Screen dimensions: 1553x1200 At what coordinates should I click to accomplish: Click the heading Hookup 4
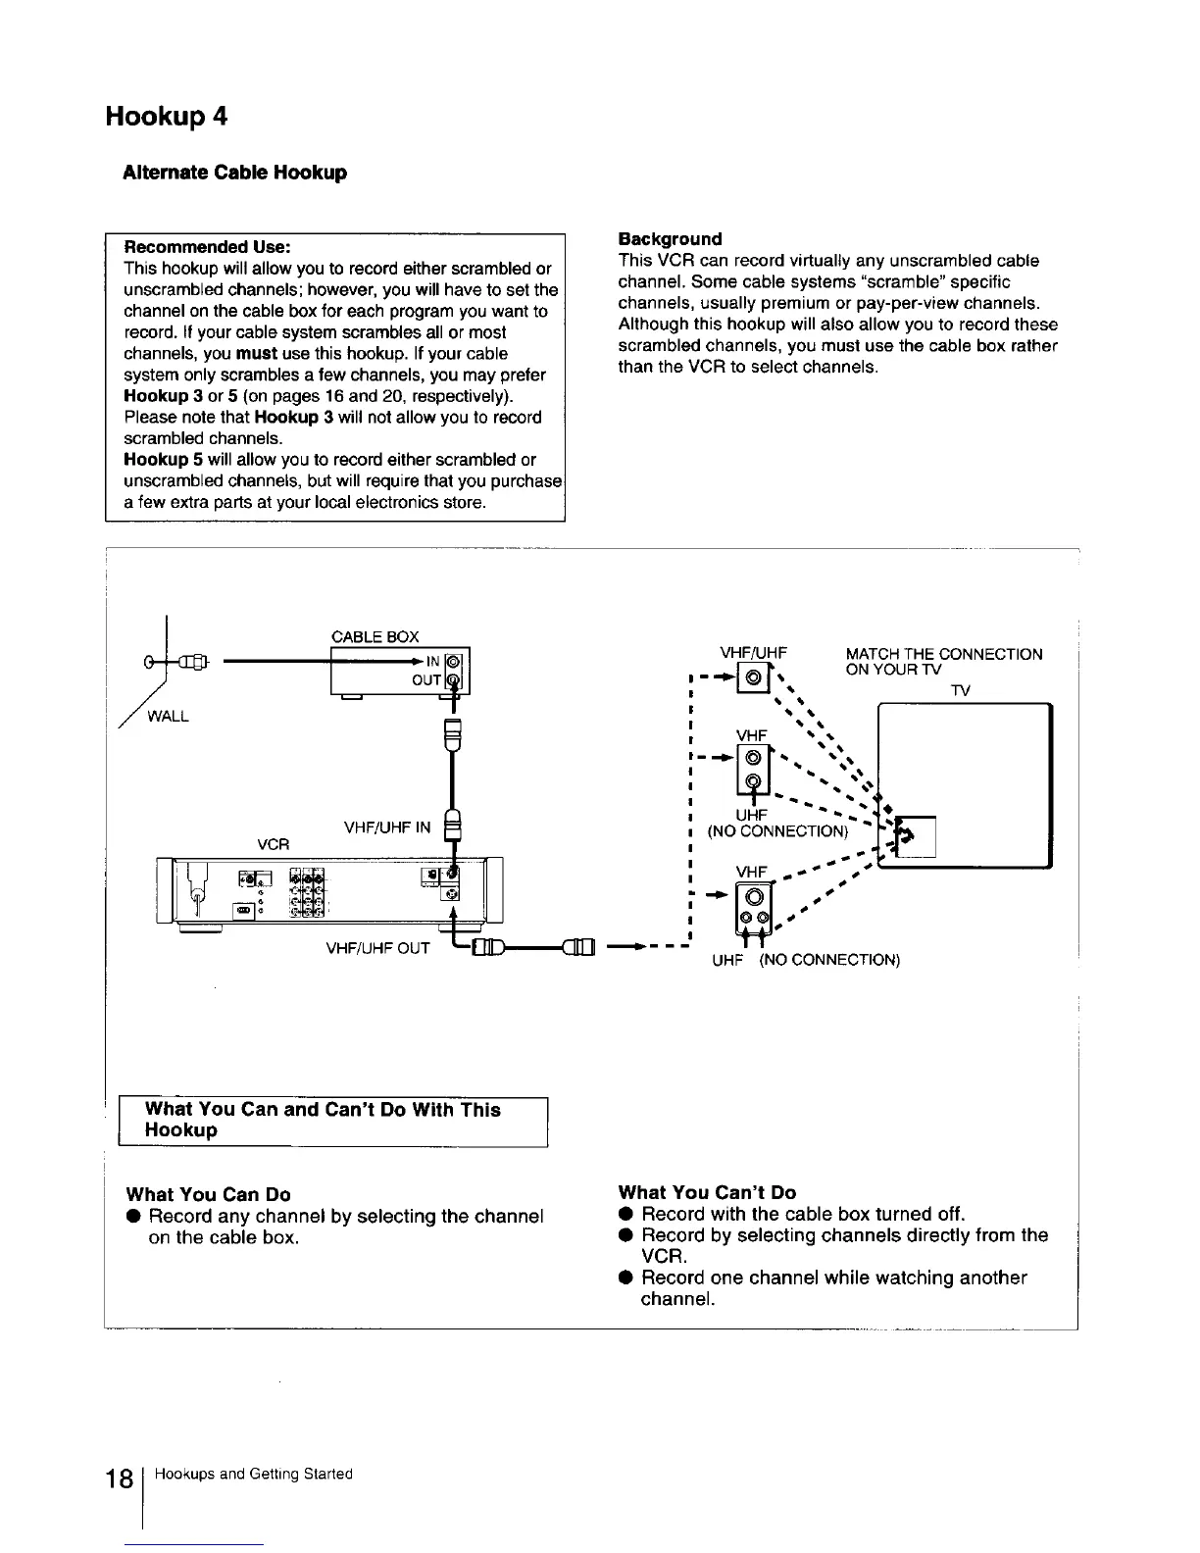167,117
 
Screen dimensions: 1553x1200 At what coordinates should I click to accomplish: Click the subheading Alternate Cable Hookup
234,173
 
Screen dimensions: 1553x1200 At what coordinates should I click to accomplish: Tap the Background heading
670,239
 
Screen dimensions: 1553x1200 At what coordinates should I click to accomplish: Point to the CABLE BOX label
375,637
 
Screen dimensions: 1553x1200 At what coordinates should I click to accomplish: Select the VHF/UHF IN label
387,827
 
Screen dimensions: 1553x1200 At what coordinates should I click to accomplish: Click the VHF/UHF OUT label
377,948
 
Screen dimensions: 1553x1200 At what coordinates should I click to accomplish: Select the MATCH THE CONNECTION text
943,654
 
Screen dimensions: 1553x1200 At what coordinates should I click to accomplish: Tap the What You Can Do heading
208,1194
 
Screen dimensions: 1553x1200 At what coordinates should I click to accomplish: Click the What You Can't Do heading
707,1192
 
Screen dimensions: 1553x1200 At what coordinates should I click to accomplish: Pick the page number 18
121,1480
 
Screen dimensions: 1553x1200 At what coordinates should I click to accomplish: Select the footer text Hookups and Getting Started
254,1475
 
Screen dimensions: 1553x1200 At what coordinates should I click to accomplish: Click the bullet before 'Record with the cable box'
624,1215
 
